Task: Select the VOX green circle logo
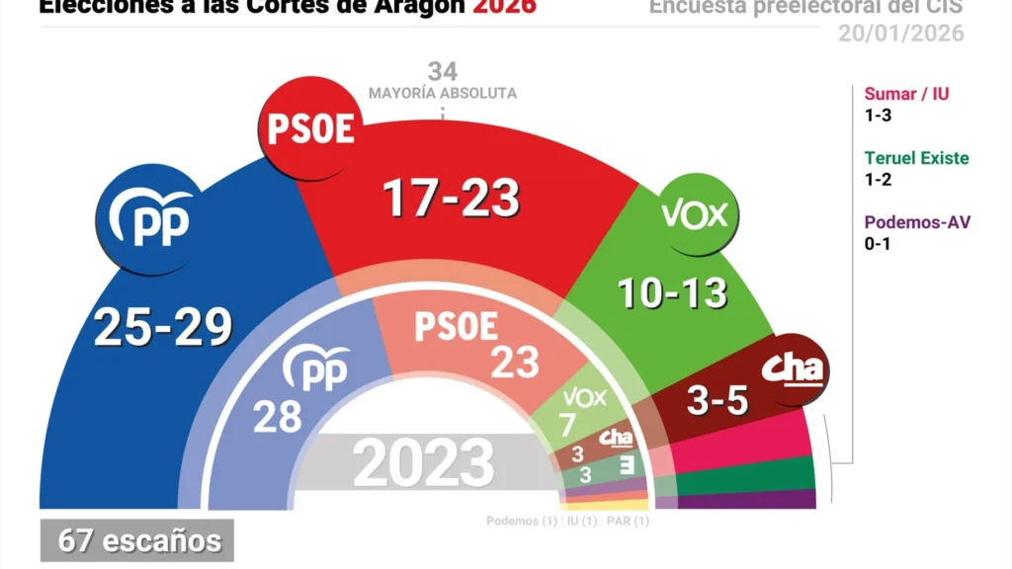pos(694,213)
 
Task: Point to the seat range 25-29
pos(162,327)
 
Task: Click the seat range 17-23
pos(451,199)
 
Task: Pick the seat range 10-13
pos(672,291)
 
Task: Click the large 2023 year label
pos(424,462)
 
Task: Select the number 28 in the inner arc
pos(278,416)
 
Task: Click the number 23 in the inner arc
pos(516,363)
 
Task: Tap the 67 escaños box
pos(137,540)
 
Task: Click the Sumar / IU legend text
pos(906,95)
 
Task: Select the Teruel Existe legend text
pos(916,158)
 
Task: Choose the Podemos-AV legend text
pos(917,221)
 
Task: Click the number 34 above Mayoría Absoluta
pos(443,71)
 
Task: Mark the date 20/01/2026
pos(900,34)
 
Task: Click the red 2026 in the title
pos(504,7)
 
